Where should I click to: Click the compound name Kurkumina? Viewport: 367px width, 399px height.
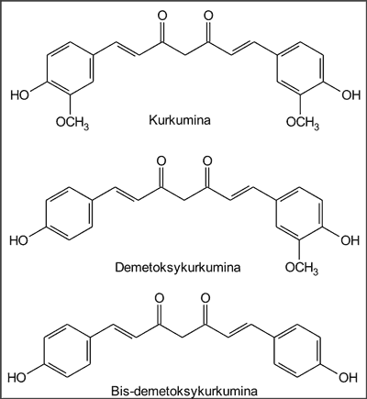click(180, 120)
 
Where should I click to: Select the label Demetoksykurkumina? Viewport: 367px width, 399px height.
click(178, 268)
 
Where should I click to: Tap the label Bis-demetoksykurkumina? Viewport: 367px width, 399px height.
click(184, 392)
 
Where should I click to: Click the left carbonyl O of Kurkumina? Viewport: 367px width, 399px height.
click(161, 16)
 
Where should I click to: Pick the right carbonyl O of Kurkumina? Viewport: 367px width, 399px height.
click(208, 16)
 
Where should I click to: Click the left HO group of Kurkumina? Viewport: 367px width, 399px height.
click(19, 94)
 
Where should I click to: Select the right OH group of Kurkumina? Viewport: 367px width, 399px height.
click(351, 95)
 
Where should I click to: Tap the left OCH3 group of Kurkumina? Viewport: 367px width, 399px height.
click(72, 123)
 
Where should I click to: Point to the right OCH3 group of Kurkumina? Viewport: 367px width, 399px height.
click(303, 123)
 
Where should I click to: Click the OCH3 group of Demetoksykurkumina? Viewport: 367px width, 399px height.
click(302, 269)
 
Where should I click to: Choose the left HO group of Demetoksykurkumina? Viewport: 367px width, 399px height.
click(18, 240)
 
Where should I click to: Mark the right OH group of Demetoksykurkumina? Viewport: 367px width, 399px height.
click(350, 240)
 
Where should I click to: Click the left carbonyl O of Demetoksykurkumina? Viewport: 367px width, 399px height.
click(161, 161)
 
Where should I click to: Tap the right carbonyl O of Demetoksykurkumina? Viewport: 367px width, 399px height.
click(207, 161)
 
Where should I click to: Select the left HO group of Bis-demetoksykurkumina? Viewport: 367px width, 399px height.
click(17, 378)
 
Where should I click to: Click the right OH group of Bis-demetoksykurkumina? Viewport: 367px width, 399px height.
click(348, 378)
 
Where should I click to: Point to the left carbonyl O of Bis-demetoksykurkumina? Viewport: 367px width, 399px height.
click(159, 298)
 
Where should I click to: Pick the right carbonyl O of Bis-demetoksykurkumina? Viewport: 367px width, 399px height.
click(206, 298)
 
